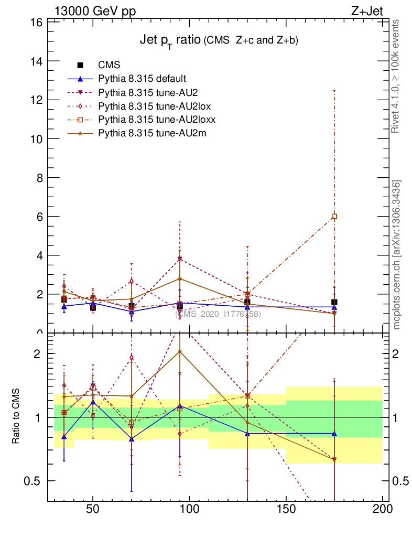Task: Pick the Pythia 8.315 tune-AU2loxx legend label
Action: pos(157,120)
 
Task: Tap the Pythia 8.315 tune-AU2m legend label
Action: pos(152,133)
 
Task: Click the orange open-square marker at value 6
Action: pos(334,216)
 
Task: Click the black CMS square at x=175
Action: pos(334,302)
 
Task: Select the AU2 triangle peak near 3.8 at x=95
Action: pos(180,259)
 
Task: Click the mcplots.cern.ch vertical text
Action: pos(397,255)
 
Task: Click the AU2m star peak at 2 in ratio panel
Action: pos(180,351)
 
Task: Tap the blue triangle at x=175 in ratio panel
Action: pos(334,434)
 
